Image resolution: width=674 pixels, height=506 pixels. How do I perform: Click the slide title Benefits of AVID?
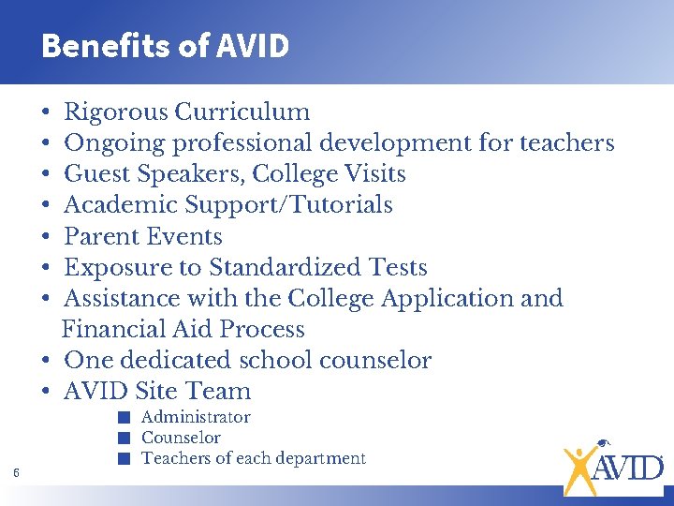click(165, 45)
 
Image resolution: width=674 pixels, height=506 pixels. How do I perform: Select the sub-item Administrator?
click(196, 417)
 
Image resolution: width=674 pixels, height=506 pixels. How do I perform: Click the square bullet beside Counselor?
click(123, 438)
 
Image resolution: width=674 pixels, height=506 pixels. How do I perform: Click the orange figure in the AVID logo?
click(579, 466)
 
